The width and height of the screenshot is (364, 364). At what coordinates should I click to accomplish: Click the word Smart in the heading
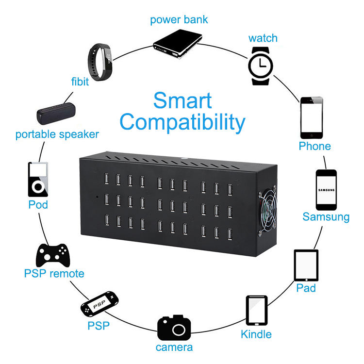[x=182, y=100]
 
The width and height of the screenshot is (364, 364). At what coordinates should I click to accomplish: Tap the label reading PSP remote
[x=54, y=274]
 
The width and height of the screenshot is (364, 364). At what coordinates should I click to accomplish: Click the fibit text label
[x=80, y=82]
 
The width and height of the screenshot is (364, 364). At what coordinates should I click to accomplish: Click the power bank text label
[x=179, y=20]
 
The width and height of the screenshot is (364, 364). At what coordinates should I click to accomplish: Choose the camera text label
[x=174, y=347]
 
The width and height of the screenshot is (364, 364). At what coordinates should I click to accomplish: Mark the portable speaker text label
[x=57, y=134]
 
